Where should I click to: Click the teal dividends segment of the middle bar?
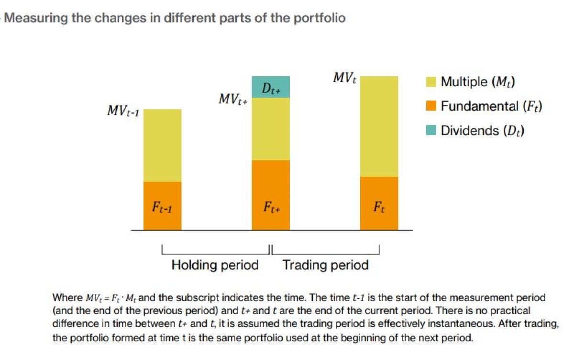click(270, 87)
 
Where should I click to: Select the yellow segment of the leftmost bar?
click(162, 145)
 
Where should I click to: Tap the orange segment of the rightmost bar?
click(379, 203)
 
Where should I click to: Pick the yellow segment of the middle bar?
click(270, 129)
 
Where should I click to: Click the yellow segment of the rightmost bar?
click(379, 126)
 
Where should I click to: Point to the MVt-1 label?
click(123, 112)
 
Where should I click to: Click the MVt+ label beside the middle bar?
click(232, 100)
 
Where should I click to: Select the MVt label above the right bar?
click(345, 78)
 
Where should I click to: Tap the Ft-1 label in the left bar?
click(162, 208)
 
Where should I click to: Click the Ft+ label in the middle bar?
click(271, 208)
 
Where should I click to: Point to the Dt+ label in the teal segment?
click(271, 89)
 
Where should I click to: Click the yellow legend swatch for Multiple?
click(431, 82)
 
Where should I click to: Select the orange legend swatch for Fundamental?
click(431, 106)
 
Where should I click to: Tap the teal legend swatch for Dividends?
click(431, 130)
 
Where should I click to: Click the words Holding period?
click(215, 265)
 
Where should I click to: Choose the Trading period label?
click(325, 265)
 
